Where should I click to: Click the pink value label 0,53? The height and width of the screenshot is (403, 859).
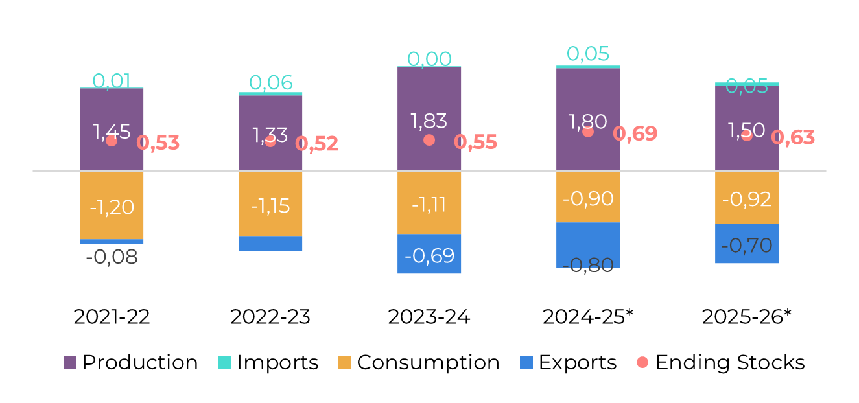[x=158, y=143]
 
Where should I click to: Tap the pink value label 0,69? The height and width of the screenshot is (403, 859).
[x=635, y=133]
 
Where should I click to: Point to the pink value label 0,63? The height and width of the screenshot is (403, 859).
[x=794, y=137]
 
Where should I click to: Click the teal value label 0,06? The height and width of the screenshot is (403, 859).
[x=271, y=82]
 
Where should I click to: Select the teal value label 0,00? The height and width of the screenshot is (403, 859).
[x=429, y=59]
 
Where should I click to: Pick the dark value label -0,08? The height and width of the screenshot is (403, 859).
[x=112, y=257]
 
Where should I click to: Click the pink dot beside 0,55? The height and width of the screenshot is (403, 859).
[x=429, y=140]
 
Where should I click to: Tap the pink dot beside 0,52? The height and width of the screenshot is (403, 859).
[x=270, y=141]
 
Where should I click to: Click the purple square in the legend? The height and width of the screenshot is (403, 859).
[x=70, y=362]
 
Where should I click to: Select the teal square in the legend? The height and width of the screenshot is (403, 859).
[x=225, y=362]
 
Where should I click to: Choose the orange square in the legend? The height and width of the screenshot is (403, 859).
[x=345, y=362]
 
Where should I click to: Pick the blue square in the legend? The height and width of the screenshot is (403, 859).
[x=526, y=362]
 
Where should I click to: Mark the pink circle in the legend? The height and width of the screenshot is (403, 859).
[x=642, y=362]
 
